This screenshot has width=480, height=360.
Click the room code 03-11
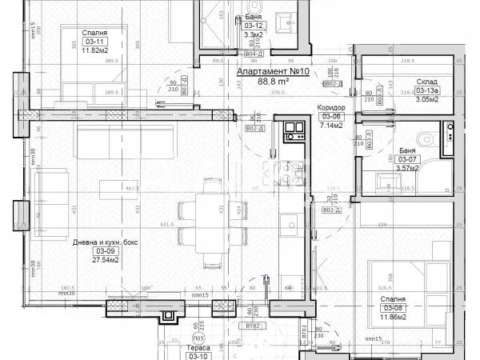click(95, 40)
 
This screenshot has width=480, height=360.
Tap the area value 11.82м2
click(95, 49)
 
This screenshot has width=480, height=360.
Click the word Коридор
click(330, 107)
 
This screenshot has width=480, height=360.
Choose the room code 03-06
click(330, 117)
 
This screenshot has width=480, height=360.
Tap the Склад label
click(426, 82)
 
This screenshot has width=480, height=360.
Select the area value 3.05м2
click(426, 99)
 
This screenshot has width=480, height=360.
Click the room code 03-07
click(406, 159)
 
